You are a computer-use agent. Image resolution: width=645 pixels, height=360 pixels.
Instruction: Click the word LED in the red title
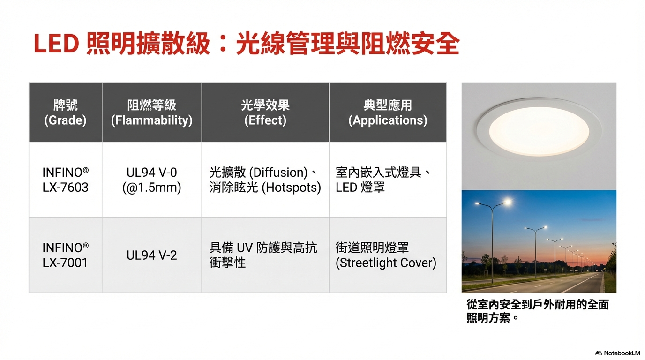point(56,44)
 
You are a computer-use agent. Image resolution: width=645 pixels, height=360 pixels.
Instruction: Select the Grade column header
point(65,112)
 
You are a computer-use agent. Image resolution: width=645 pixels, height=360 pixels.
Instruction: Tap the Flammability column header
point(152,112)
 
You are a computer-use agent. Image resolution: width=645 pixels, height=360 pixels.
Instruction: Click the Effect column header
point(265,112)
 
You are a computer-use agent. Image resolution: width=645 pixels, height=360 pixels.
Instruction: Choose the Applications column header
point(388,112)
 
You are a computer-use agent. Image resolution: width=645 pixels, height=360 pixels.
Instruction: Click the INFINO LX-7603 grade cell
point(65,180)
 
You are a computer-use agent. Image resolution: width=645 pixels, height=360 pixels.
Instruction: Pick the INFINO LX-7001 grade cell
point(65,255)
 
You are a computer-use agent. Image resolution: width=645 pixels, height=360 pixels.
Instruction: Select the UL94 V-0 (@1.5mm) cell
point(152,180)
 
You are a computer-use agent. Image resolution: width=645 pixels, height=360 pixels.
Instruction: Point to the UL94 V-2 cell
point(152,255)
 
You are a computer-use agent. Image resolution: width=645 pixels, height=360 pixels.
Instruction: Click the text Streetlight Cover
point(386,262)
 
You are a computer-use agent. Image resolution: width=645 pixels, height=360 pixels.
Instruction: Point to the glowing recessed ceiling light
point(539,131)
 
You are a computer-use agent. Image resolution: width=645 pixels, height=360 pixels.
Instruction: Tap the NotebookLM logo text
point(622,353)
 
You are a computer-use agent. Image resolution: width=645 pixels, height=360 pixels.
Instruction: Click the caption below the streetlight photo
point(538,311)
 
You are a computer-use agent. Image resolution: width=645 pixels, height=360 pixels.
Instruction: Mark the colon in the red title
point(222,44)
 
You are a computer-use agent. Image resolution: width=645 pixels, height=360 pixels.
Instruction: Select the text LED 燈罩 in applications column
point(360,187)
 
